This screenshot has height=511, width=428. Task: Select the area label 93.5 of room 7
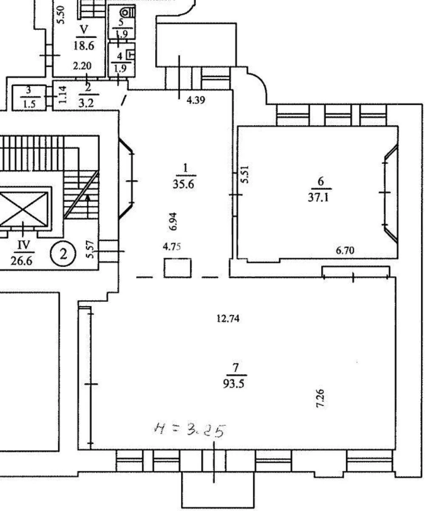235,384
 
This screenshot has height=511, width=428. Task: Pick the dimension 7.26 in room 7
321,398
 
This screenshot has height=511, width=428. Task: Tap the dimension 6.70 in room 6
345,251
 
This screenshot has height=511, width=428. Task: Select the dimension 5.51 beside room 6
245,175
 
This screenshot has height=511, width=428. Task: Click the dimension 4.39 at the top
196,101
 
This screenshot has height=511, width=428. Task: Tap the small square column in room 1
178,268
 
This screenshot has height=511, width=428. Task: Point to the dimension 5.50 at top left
61,15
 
